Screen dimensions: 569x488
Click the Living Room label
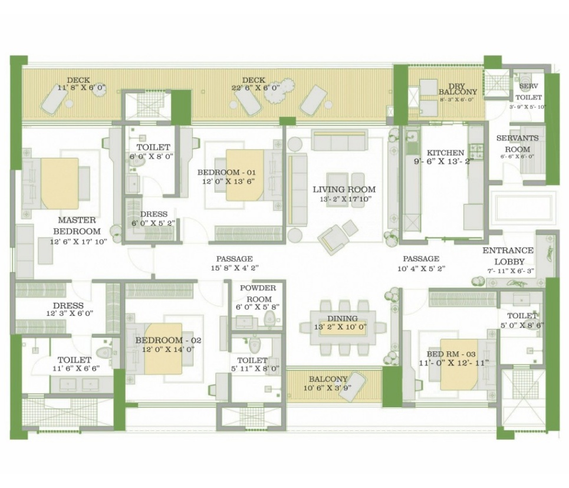click(344, 189)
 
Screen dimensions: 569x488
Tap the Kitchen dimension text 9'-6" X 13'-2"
click(444, 162)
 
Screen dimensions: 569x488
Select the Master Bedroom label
click(77, 226)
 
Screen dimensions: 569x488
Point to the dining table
click(343, 328)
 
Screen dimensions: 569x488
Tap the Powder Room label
click(258, 294)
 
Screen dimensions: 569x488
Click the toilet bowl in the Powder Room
click(269, 319)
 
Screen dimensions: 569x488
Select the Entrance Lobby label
click(508, 256)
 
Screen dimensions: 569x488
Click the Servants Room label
click(518, 143)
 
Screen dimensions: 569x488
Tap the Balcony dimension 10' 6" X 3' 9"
click(327, 388)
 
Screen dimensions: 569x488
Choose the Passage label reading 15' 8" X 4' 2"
click(235, 268)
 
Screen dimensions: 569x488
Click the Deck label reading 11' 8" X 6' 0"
click(81, 87)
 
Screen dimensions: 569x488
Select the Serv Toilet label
click(529, 92)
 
